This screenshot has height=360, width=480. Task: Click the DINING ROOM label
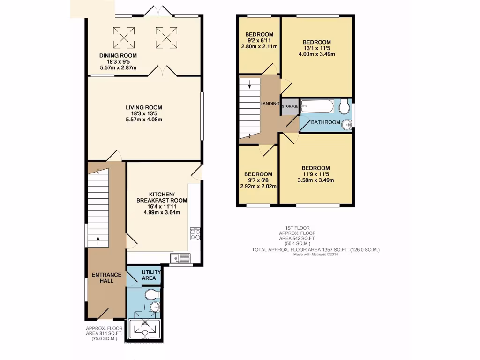tap(118, 55)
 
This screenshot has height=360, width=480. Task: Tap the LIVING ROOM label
tap(143, 107)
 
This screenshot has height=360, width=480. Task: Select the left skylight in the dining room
tap(124, 37)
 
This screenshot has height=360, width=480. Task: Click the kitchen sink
tap(180, 258)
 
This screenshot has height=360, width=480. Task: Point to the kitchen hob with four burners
tap(195, 233)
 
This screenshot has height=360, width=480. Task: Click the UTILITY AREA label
tap(151, 275)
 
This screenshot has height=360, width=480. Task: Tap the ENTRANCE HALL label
tap(107, 277)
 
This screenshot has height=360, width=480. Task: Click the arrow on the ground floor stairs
tap(98, 240)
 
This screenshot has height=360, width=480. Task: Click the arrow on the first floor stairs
tap(249, 85)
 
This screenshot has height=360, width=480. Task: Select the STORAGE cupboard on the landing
tap(290, 107)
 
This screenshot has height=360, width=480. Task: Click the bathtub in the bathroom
tap(317, 106)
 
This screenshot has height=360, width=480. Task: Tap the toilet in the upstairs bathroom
tap(345, 107)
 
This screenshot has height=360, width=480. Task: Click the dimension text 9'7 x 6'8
tap(258, 180)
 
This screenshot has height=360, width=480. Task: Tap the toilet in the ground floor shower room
tap(151, 295)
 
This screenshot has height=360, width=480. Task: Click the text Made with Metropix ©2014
tap(315, 255)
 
